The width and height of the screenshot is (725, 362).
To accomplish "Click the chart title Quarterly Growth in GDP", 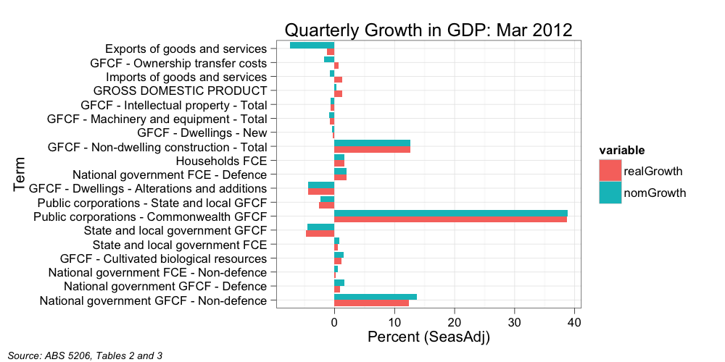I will point(428,30).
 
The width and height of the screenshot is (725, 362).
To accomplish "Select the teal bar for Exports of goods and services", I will point(312,46).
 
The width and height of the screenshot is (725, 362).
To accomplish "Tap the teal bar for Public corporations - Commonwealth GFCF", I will point(450,213).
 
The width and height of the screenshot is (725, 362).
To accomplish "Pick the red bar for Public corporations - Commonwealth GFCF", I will point(450,219).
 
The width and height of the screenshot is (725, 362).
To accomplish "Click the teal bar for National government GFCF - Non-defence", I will point(376,297).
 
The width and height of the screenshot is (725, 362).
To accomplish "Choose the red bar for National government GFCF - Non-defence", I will point(371,303).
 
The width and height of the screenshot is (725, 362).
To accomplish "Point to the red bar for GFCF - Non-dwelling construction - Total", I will point(372,150).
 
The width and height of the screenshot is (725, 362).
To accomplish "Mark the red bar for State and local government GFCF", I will point(320,234).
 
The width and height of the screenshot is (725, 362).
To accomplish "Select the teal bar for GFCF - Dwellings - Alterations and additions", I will point(321,185).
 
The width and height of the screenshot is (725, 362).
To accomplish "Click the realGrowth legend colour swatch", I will point(610,171).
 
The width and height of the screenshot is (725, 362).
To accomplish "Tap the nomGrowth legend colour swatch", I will point(610,193).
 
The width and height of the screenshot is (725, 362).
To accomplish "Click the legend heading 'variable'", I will point(621,150).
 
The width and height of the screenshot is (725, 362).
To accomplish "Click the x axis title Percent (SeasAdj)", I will point(428,337).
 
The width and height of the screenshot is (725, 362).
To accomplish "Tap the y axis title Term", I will point(20,174).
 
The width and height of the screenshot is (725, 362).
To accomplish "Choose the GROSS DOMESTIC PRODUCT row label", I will point(181,91).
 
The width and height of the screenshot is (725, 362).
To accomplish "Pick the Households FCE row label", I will point(221,161).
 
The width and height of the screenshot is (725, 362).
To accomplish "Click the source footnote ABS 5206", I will point(85,355).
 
